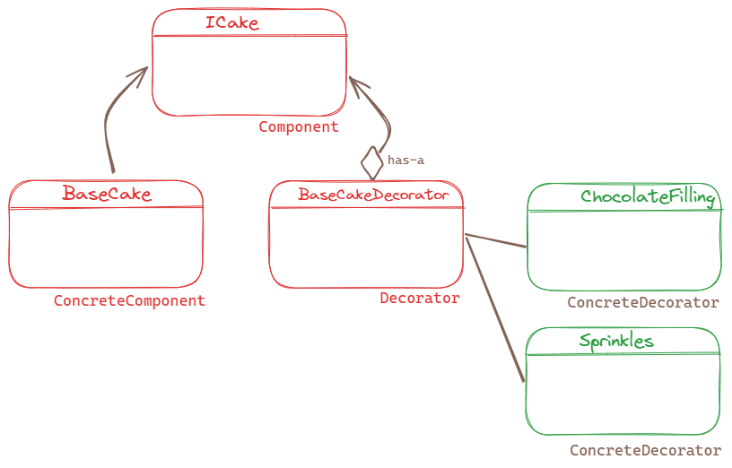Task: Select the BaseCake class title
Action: coord(107,194)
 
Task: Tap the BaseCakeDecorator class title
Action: coord(372,195)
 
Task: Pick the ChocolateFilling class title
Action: coord(647,197)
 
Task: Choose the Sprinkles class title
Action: coord(616,342)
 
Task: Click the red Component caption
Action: coord(299,127)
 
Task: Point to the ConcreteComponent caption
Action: coord(129,301)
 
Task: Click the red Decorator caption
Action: coord(420,299)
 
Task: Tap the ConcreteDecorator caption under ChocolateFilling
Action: coord(643,303)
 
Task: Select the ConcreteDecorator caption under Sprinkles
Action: coord(645,450)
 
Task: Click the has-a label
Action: coord(405,160)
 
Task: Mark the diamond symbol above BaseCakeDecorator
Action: coord(371,163)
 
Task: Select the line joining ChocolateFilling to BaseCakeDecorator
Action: coord(496,241)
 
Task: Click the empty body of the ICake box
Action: coord(249,75)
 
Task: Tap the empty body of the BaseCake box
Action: coord(107,247)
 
